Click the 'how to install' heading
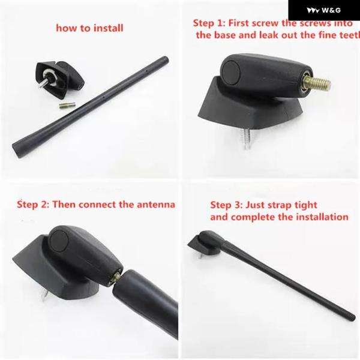pyautogui.click(x=89, y=28)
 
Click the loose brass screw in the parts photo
pyautogui.click(x=67, y=106)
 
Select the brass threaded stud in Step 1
pyautogui.click(x=317, y=83)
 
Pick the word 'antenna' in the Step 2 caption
pyautogui.click(x=156, y=205)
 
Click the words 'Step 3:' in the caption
pyautogui.click(x=226, y=205)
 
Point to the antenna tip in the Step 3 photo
pyautogui.click(x=352, y=317)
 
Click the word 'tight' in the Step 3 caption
pyautogui.click(x=305, y=205)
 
